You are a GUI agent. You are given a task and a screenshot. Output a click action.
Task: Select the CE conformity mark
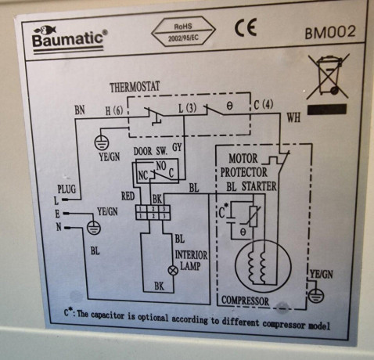tap(246, 31)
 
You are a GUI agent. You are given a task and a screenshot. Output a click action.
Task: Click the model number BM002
tap(329, 33)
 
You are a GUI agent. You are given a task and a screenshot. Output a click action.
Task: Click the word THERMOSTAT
tap(138, 86)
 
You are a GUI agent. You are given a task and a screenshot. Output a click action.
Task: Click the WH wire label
tap(293, 118)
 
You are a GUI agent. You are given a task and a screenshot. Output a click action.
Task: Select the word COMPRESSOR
tap(245, 301)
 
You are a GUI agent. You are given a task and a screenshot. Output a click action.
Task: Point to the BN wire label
tap(79, 112)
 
